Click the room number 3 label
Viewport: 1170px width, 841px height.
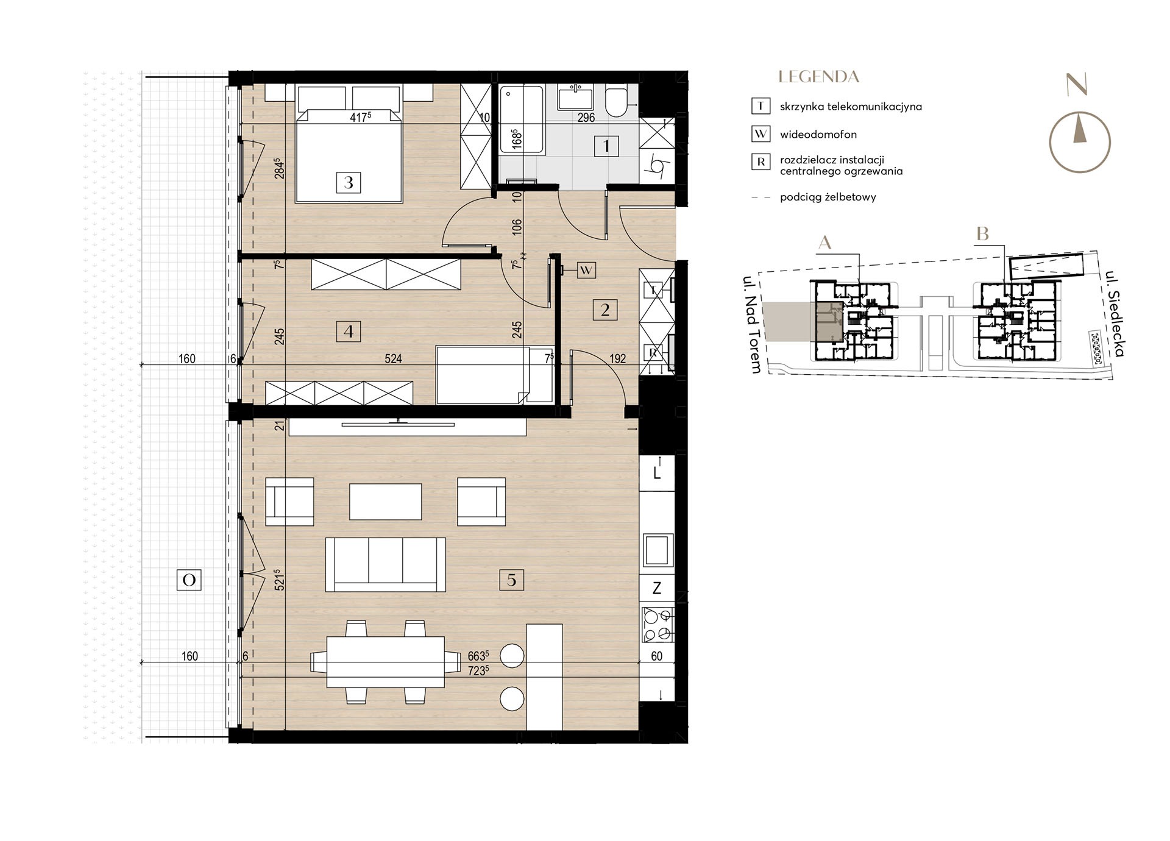click(x=349, y=182)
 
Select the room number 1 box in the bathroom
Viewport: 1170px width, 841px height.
click(x=606, y=146)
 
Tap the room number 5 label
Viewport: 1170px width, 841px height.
click(x=511, y=580)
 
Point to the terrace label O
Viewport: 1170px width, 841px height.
click(x=189, y=580)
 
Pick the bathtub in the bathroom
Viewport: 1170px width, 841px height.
click(x=521, y=120)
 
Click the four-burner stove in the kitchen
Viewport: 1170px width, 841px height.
click(x=658, y=625)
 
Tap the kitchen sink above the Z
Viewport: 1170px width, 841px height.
click(x=658, y=550)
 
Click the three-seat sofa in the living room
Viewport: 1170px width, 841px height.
click(x=386, y=565)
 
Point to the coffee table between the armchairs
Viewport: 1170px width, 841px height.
click(x=386, y=502)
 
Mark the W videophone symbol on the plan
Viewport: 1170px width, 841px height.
click(x=586, y=270)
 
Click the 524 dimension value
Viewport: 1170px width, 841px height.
click(x=393, y=359)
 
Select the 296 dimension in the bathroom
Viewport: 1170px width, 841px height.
click(x=586, y=118)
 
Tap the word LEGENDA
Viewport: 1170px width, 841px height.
click(x=818, y=77)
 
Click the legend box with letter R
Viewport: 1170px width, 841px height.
click(x=760, y=162)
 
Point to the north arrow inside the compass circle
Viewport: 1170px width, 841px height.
click(x=1079, y=129)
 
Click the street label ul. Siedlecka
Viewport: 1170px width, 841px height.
click(x=1115, y=313)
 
